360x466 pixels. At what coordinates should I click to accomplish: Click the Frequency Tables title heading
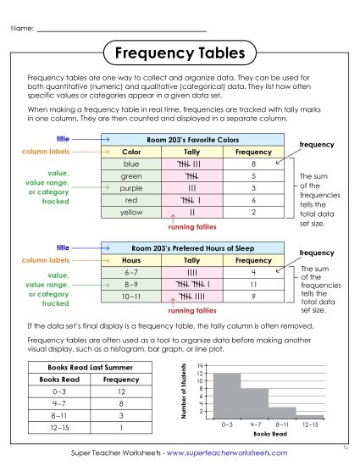[x=180, y=53]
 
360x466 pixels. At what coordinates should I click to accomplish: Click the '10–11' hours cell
[x=131, y=297]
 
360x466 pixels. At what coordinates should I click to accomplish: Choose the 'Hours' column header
[x=131, y=260]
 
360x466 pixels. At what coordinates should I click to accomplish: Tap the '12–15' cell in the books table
[x=53, y=428]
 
